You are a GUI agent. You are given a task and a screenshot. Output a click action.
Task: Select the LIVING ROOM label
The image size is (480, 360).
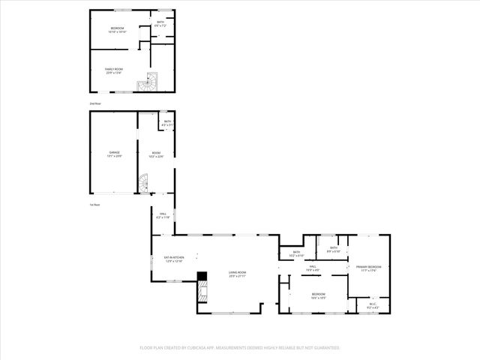click(x=237, y=274)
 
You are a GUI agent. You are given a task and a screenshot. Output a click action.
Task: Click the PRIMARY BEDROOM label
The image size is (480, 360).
click(x=368, y=268)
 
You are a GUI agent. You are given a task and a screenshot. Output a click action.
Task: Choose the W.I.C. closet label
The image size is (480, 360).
click(x=373, y=305)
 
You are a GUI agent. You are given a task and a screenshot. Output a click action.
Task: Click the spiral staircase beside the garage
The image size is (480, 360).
click(x=143, y=182)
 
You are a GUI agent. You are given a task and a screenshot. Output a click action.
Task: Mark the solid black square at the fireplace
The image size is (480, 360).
click(x=201, y=276)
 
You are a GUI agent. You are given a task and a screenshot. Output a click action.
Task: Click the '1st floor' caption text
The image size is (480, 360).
click(x=94, y=205)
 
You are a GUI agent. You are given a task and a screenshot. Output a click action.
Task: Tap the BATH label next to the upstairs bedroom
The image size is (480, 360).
click(x=160, y=23)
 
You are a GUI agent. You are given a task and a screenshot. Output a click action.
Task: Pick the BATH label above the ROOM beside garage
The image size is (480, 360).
click(x=168, y=122)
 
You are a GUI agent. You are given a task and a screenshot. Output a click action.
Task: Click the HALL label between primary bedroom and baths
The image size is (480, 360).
click(x=312, y=267)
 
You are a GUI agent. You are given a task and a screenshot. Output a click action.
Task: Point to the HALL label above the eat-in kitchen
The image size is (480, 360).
click(x=162, y=214)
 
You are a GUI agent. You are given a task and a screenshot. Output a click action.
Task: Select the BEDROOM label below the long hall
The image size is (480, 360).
click(x=318, y=295)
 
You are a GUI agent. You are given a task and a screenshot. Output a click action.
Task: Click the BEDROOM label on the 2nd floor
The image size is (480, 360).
click(x=117, y=29)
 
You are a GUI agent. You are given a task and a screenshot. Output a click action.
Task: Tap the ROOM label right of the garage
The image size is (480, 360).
click(x=156, y=154)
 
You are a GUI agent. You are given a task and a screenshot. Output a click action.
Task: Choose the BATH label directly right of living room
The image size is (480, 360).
click(x=296, y=253)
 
